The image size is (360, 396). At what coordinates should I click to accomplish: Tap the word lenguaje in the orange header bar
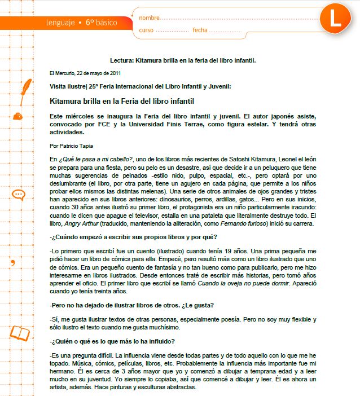[62, 23]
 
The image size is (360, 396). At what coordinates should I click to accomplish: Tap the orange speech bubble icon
[19, 195]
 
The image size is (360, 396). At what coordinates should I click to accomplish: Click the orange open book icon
[20, 333]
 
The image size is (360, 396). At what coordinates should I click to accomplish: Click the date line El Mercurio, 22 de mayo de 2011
[85, 73]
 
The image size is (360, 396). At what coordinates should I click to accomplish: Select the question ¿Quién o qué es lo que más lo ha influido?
[112, 341]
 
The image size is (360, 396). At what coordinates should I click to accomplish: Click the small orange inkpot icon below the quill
[19, 116]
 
